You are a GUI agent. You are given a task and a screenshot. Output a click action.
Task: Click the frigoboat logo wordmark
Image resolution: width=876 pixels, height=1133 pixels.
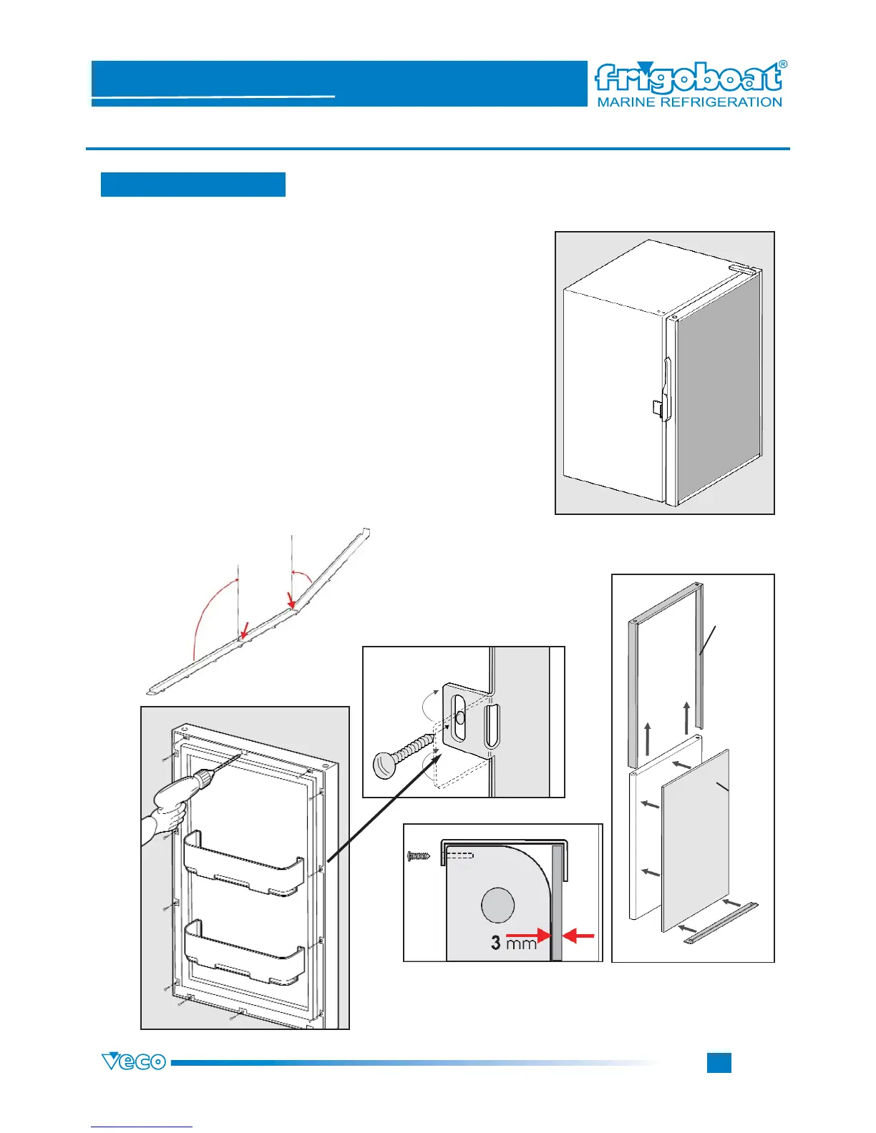point(687,78)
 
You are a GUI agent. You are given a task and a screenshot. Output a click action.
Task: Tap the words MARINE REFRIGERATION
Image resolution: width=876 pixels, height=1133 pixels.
point(689,102)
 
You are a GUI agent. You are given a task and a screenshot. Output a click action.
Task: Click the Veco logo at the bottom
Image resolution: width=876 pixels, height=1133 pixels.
point(134,1061)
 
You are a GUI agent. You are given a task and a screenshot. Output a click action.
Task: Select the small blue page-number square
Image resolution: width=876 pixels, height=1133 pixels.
point(719,1062)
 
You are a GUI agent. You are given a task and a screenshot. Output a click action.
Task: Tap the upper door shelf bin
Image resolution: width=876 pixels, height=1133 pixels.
point(243,864)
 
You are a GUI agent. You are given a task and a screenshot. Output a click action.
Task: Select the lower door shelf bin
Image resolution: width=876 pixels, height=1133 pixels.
point(243,951)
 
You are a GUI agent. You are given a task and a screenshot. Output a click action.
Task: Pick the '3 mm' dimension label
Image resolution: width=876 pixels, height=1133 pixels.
point(513,943)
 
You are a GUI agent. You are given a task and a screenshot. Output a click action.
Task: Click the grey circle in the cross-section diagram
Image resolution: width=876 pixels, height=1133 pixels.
point(497,906)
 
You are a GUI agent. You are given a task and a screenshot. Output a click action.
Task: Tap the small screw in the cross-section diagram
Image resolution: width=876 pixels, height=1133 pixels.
point(417,855)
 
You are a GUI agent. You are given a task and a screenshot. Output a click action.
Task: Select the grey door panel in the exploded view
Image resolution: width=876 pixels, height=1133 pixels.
point(696,840)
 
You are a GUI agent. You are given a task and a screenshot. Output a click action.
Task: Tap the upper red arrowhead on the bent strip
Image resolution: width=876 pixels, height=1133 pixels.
point(290,600)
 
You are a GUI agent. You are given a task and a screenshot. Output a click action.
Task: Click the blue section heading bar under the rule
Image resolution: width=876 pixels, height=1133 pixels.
point(193,184)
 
